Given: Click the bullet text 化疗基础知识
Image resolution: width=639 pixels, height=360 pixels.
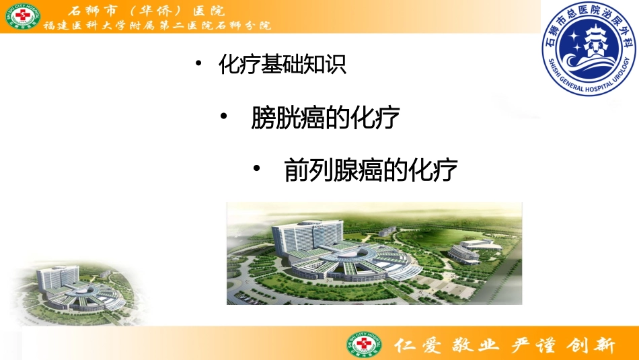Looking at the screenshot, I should coord(283,65).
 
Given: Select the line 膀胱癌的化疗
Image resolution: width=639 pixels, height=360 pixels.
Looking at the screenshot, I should coord(326,119).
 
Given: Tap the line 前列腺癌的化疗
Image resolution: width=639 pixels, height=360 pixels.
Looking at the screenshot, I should coord(371,171).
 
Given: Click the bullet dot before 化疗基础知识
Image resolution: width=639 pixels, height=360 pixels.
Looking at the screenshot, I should coord(198,65).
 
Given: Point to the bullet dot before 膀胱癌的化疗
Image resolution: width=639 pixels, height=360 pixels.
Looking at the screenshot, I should coord(225,118).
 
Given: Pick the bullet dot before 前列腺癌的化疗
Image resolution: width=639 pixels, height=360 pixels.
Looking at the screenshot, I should coord(257,170).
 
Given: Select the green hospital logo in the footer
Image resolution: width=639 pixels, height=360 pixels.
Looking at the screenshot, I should coord(364,345).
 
